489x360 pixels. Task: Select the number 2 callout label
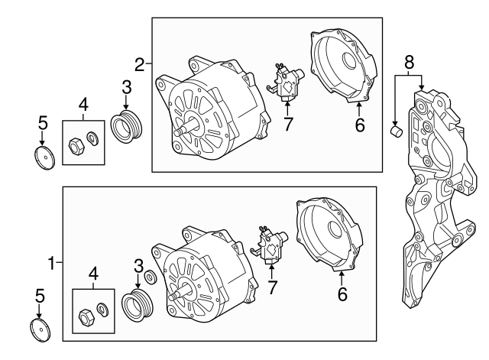coord(140,62)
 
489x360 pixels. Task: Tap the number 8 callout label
coord(409,59)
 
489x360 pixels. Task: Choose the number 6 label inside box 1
coord(342,292)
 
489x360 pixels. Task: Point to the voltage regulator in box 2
coord(286,84)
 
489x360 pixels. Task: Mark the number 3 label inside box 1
coord(138,265)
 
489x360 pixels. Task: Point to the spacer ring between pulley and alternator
coord(151,276)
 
